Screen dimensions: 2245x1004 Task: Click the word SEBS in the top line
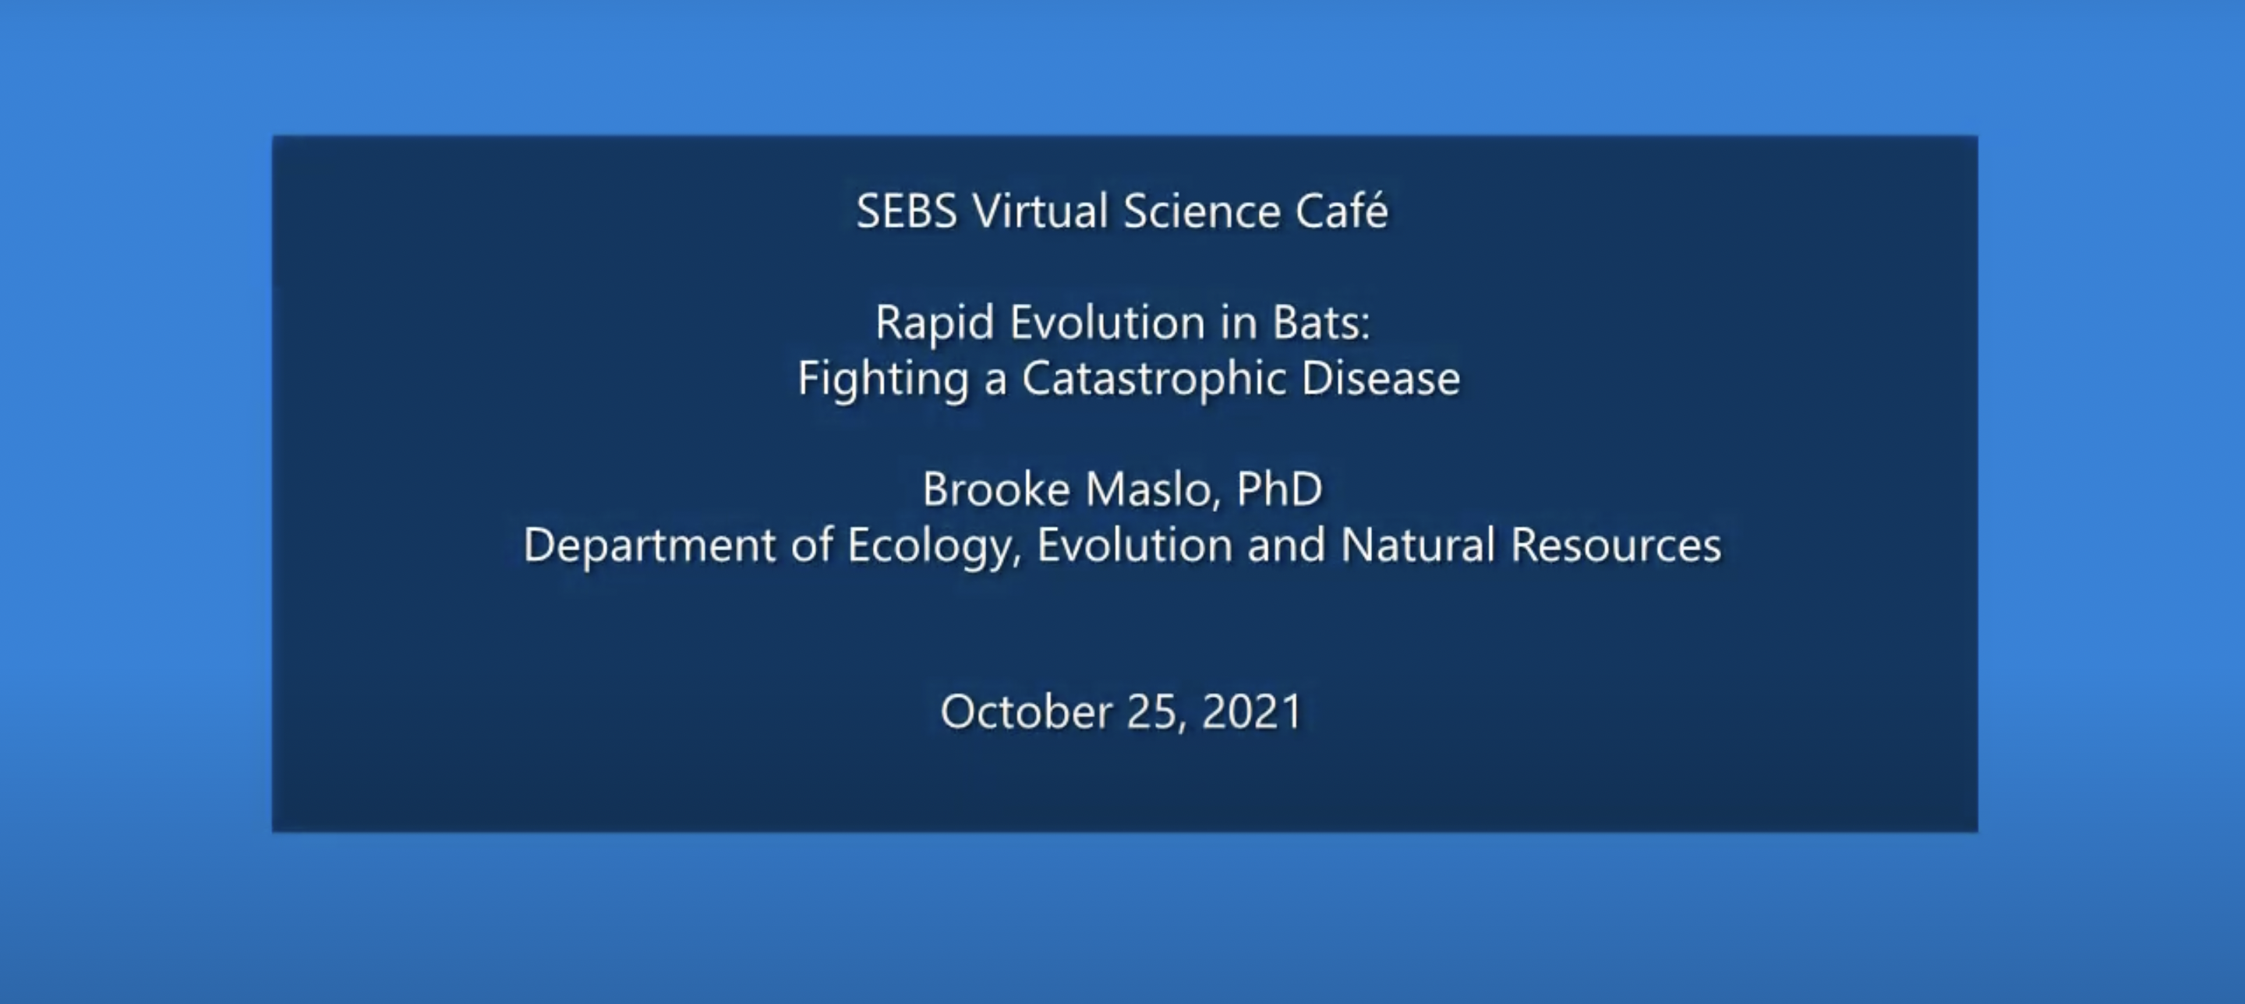point(907,212)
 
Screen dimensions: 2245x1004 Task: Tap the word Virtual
point(1040,212)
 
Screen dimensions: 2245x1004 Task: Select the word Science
point(1201,212)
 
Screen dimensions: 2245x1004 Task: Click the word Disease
point(1381,378)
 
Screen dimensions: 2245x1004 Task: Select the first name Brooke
point(996,489)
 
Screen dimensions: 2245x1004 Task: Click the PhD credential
point(1278,489)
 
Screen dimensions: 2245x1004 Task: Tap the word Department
point(649,546)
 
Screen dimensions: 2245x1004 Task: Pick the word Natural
point(1418,545)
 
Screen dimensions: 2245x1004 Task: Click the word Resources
point(1616,545)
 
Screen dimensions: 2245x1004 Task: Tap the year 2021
point(1251,712)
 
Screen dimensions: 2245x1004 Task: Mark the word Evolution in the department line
point(1134,545)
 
